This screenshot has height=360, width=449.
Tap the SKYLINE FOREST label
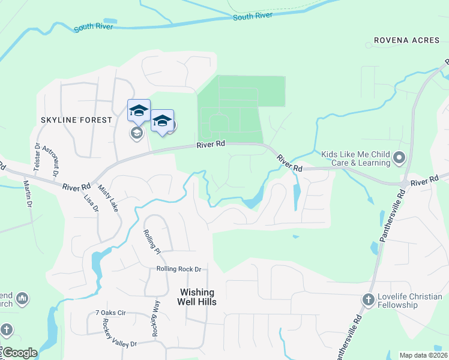[x=76, y=120]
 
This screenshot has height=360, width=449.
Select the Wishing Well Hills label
[x=198, y=297]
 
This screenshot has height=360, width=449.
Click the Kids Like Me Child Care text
[x=355, y=158]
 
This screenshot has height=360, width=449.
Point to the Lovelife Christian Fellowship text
[x=397, y=301]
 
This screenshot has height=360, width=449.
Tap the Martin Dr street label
[x=28, y=193]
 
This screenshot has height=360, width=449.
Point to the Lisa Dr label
[x=92, y=200]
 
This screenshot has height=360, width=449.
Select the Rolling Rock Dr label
[x=178, y=269]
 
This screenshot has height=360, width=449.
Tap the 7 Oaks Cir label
[x=110, y=313]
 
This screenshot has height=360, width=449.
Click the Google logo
[x=19, y=353]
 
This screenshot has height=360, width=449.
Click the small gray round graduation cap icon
[x=136, y=133]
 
